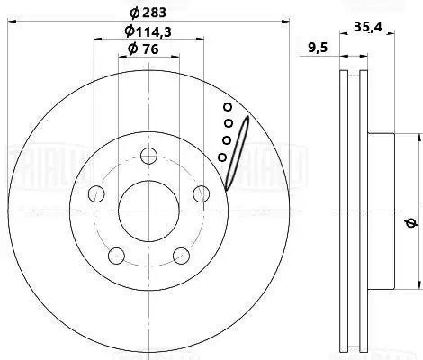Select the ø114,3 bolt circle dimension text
pyautogui.click(x=149, y=32)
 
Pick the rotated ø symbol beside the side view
pyautogui.click(x=409, y=222)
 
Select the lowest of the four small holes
pyautogui.click(x=222, y=157)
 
